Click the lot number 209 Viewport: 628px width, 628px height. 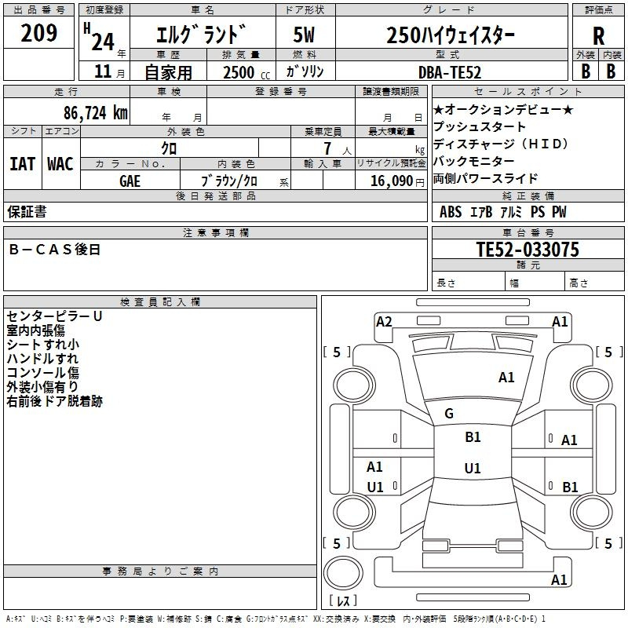[x=38, y=33]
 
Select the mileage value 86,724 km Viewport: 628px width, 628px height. [x=96, y=112]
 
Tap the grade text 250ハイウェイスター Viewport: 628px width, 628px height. [x=451, y=35]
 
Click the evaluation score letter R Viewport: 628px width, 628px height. [x=598, y=36]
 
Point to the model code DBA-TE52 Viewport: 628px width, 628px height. [x=449, y=72]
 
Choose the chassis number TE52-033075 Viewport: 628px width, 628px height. [x=528, y=250]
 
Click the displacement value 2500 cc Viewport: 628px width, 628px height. [x=246, y=72]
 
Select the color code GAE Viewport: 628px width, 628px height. [x=130, y=181]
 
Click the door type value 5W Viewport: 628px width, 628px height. [x=304, y=35]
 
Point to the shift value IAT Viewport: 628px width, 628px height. [x=22, y=164]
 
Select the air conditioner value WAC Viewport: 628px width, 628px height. [x=60, y=164]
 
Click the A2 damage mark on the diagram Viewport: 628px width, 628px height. [x=384, y=322]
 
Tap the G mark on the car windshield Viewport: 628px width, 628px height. [x=449, y=414]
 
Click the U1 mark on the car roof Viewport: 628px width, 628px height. [x=473, y=468]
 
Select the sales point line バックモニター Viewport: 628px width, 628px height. [x=474, y=161]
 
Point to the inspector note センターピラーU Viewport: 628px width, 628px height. [x=54, y=316]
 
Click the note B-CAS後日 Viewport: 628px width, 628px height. [x=54, y=250]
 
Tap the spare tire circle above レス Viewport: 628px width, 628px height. [x=343, y=573]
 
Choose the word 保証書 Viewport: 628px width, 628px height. [x=27, y=212]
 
